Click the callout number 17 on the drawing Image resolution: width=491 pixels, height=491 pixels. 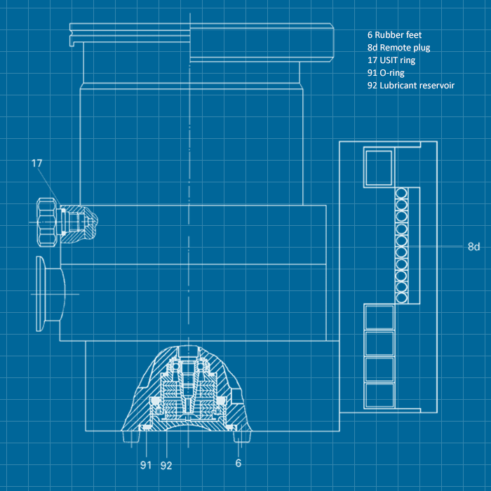click(36, 163)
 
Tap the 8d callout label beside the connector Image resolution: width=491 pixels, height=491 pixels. click(473, 247)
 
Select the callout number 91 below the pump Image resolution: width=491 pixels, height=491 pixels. click(146, 464)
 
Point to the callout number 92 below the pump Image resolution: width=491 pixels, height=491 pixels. click(167, 464)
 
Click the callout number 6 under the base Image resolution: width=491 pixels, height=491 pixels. click(238, 464)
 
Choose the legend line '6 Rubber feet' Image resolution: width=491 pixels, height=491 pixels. click(394, 34)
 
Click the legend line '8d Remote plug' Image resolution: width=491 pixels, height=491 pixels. click(398, 47)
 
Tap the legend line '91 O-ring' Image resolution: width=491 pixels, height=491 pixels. click(386, 72)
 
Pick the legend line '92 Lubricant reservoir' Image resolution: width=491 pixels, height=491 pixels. click(410, 85)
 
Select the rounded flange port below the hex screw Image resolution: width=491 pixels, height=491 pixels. click(49, 292)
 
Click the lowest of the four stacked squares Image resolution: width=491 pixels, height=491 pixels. click(379, 395)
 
